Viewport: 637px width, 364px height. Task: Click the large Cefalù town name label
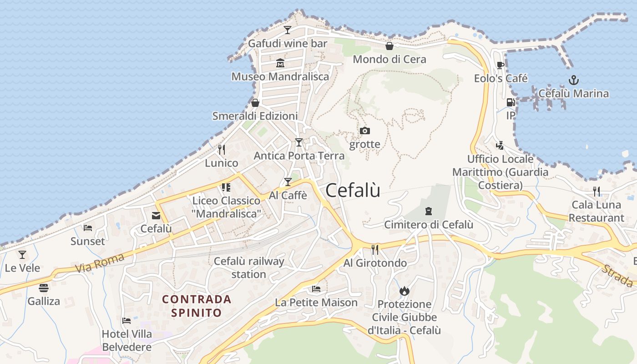[x=353, y=190]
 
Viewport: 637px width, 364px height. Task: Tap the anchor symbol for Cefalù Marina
[x=574, y=81]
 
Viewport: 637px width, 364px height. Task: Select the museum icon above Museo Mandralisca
[x=280, y=63]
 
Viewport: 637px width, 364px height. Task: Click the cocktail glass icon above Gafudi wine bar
[x=288, y=30]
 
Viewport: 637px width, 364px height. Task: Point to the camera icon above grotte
[x=364, y=131]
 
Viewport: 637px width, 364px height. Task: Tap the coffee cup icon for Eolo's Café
[x=500, y=65]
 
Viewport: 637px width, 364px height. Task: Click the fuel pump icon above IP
[x=511, y=103]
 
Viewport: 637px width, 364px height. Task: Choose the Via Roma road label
[x=99, y=263]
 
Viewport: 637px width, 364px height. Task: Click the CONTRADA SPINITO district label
[x=197, y=306]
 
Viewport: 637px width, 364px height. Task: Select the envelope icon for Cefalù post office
[x=156, y=216]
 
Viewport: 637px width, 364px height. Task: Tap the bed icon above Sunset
[x=88, y=227]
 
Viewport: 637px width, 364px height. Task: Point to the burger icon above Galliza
[x=44, y=288]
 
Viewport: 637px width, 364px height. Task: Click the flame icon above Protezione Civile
[x=404, y=291]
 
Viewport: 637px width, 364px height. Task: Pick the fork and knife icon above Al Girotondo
[x=375, y=249]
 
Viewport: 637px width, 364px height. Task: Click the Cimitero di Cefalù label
[x=429, y=225]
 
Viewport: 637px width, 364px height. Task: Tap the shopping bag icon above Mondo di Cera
[x=389, y=46]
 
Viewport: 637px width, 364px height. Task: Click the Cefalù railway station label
[x=249, y=268]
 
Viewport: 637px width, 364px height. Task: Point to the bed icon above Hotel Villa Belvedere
[x=126, y=321]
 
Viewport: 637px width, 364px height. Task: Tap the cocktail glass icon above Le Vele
[x=22, y=255]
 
